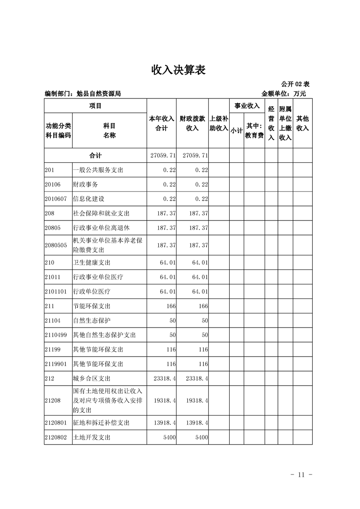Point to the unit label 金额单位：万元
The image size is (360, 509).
tap(284, 94)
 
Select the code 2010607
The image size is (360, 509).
tap(56, 199)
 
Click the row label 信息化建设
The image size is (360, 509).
tap(89, 199)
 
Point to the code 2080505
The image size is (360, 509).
tap(56, 245)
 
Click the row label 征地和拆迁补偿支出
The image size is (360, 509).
tap(101, 422)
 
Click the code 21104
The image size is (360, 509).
tap(53, 320)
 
